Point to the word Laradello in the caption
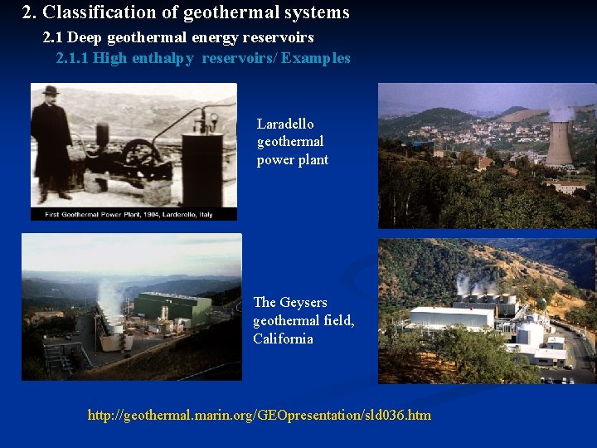click(285, 124)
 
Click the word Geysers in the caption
click(303, 302)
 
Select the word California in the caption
click(283, 338)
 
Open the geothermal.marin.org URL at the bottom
click(259, 414)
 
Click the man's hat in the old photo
click(51, 90)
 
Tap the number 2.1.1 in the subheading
click(72, 58)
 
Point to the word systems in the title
click(317, 13)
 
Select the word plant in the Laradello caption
click(313, 160)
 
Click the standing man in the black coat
click(51, 145)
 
